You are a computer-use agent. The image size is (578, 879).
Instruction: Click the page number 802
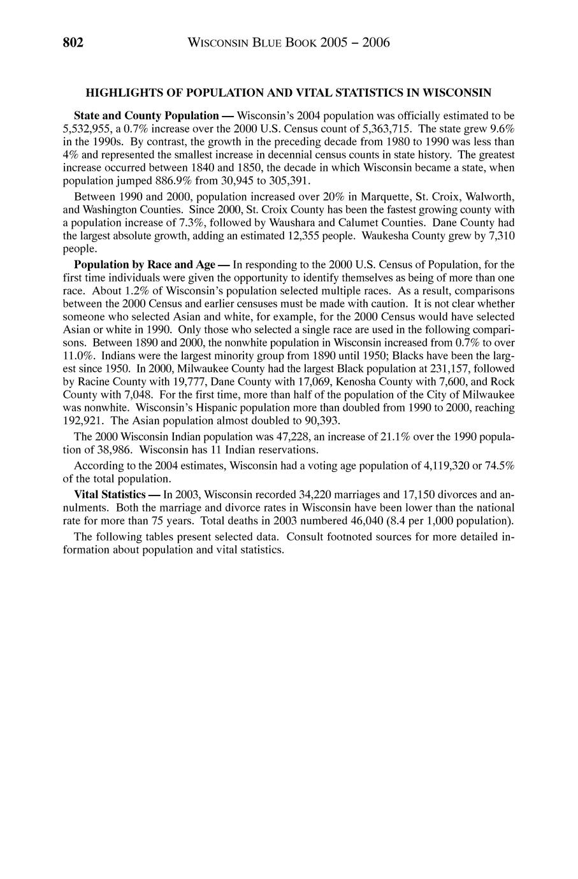pos(73,43)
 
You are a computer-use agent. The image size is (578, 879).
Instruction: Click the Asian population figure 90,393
pos(319,420)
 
